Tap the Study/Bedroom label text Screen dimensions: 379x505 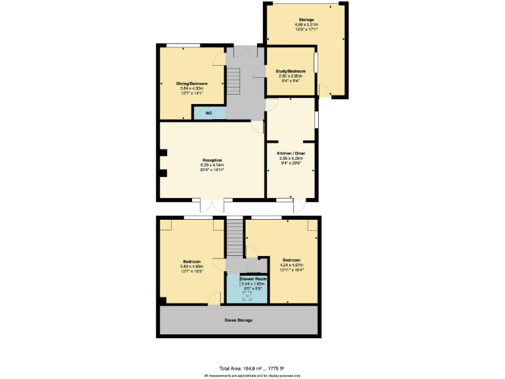tap(291, 71)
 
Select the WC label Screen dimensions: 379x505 tap(208, 113)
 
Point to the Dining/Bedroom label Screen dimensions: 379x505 tap(191, 84)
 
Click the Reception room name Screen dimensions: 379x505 tap(212, 161)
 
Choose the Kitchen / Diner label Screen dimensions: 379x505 tap(291, 153)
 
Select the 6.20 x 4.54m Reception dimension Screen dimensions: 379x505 tap(212, 165)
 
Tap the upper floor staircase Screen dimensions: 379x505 tap(235, 238)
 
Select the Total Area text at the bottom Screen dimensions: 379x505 tap(252, 368)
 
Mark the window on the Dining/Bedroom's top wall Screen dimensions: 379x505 tap(182, 45)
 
